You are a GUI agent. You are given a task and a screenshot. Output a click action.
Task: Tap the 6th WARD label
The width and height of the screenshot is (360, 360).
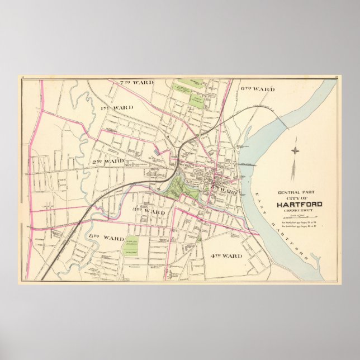(258, 88)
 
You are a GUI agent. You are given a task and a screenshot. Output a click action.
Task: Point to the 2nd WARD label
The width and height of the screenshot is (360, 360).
(108, 161)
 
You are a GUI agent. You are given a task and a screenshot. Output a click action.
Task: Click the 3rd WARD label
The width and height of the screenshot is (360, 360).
(149, 211)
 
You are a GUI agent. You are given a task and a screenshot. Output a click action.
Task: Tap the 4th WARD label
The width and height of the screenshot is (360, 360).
(226, 256)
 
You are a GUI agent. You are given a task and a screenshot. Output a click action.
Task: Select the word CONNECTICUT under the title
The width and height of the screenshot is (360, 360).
(300, 210)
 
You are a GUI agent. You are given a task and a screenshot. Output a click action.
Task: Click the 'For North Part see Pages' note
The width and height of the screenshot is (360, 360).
(300, 222)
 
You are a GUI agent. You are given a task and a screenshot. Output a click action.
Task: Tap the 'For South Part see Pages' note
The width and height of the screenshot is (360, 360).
(300, 226)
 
